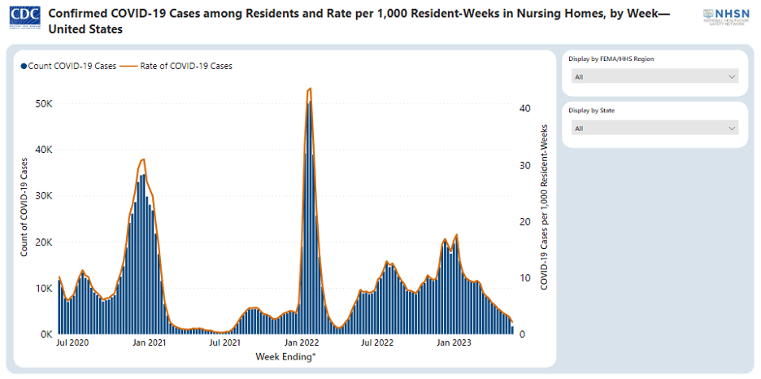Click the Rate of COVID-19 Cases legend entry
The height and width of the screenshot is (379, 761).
[181, 66]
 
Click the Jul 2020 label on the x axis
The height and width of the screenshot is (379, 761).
[74, 343]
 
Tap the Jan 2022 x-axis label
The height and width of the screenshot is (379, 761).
[302, 343]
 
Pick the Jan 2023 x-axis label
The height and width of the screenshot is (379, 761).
[454, 343]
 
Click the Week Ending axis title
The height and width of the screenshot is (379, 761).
[285, 356]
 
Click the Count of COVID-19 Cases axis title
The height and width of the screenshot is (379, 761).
[24, 211]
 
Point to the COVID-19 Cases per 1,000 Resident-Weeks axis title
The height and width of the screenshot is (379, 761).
[544, 207]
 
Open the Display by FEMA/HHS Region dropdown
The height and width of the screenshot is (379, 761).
[654, 76]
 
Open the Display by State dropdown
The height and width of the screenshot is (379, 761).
[654, 128]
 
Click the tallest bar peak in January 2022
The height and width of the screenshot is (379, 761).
[308, 104]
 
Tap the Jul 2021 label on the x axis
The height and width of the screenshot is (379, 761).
[225, 343]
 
